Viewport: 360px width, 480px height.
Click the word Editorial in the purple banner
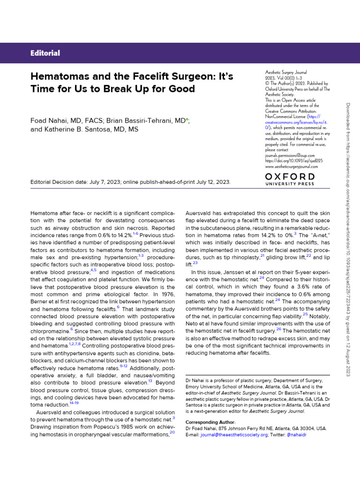coord(45,53)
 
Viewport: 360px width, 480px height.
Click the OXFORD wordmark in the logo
coord(290,176)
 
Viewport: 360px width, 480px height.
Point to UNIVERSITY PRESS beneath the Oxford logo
coord(290,184)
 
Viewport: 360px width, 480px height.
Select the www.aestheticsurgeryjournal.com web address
coord(292,166)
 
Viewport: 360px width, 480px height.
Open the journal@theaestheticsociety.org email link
coord(234,435)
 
